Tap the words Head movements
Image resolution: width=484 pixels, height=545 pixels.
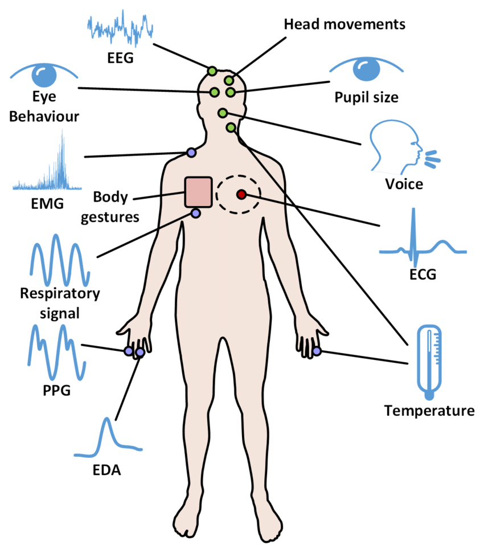point(344,24)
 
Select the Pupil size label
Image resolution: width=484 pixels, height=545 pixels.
point(366,97)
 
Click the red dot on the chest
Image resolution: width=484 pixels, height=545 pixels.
point(241,195)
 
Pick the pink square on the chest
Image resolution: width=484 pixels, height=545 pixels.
point(198,192)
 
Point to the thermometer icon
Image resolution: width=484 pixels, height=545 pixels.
point(430,362)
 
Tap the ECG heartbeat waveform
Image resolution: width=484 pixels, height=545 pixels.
point(421,239)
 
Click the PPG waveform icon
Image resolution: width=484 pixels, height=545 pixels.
point(55,352)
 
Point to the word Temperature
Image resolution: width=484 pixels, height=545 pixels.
point(429,411)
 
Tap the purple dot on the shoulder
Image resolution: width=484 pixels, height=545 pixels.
point(191,152)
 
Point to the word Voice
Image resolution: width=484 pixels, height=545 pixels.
point(404,185)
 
